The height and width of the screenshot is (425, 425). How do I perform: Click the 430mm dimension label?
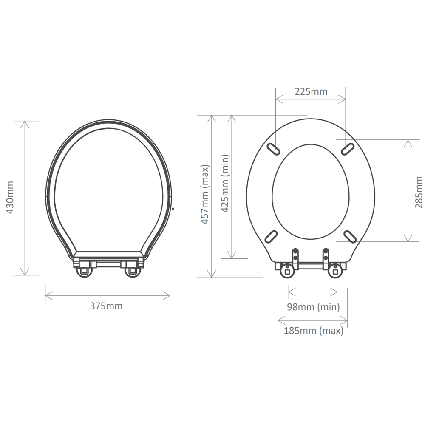[10, 198]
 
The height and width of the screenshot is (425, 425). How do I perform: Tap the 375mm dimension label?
[106, 306]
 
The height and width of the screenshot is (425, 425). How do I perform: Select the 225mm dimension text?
[311, 92]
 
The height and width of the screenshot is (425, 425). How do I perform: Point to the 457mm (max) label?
[205, 194]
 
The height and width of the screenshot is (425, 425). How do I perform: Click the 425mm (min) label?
[225, 184]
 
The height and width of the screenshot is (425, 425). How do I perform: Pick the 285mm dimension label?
[419, 192]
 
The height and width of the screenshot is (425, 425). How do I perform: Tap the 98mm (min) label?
[313, 307]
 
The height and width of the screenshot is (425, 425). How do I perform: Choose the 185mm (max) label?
[314, 331]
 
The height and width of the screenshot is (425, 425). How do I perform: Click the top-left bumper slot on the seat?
[273, 149]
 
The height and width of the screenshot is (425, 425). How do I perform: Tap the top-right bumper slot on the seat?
[348, 149]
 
